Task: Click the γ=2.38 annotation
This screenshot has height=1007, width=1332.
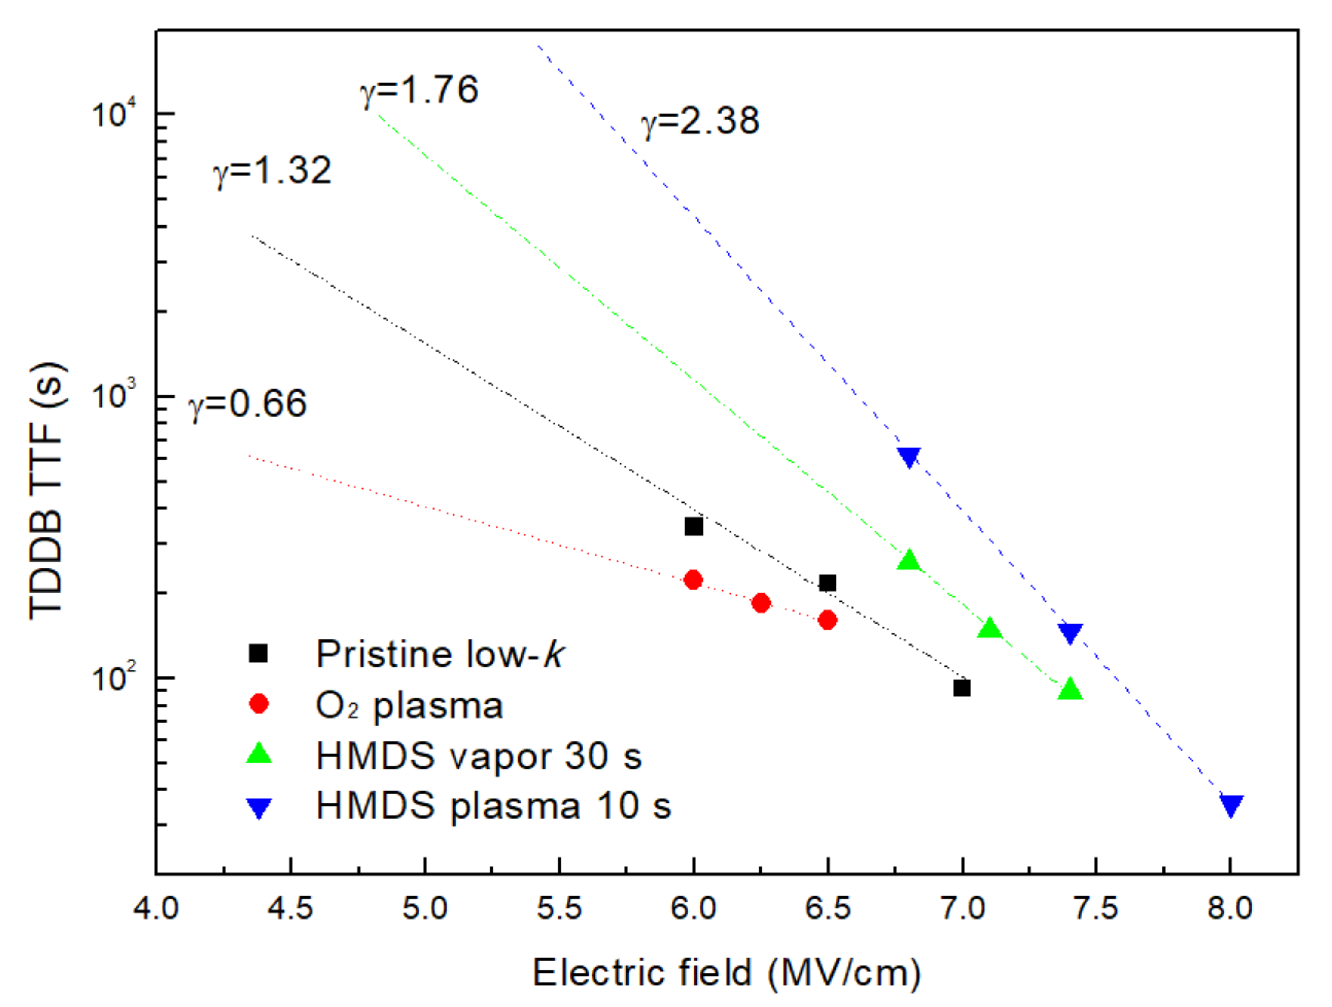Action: click(700, 122)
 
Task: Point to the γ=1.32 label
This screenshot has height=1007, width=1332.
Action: click(272, 170)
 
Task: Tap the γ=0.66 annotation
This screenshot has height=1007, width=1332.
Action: click(247, 404)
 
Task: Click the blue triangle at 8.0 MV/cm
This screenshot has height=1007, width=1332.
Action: click(1231, 805)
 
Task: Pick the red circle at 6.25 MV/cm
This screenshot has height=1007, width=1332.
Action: click(761, 603)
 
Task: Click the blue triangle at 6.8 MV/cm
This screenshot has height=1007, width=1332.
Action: click(909, 457)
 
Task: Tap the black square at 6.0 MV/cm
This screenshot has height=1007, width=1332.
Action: click(694, 526)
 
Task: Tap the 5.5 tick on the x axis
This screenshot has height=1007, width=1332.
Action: click(559, 908)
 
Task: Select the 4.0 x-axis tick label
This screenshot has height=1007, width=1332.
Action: click(156, 908)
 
